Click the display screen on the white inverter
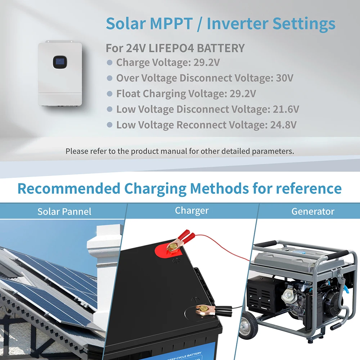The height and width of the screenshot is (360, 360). click(x=59, y=62)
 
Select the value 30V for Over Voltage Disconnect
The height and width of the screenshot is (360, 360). click(x=284, y=78)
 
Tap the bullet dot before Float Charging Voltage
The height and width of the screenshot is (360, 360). click(x=110, y=94)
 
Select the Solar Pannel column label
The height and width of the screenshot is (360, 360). click(x=64, y=211)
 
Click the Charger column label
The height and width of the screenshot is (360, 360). click(x=192, y=211)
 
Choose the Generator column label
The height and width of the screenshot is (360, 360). click(x=313, y=211)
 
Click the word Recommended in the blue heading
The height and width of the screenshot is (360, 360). click(x=69, y=189)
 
